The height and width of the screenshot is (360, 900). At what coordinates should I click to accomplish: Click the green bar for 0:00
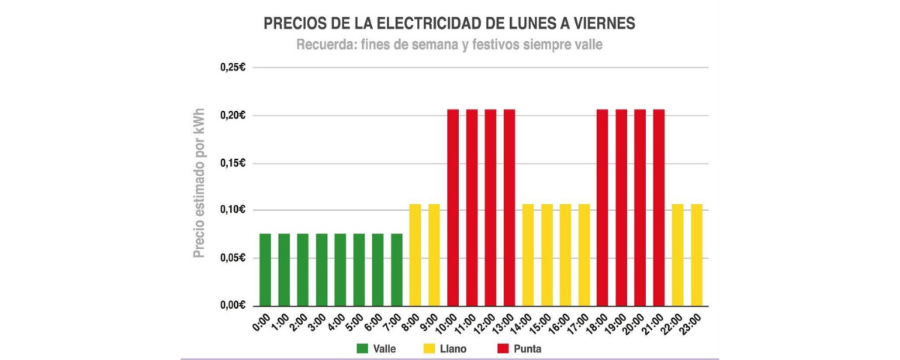[x=265, y=270]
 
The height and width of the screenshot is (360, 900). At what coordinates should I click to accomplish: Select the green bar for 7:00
[x=397, y=270]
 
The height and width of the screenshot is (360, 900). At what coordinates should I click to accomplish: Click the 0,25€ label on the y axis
[x=233, y=67]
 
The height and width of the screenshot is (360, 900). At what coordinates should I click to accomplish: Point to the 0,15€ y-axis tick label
[x=233, y=163]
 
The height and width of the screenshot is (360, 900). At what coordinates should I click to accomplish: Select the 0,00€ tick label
[x=233, y=305]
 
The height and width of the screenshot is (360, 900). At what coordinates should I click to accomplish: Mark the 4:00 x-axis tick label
[x=335, y=324]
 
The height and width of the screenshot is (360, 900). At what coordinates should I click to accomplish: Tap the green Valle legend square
[x=362, y=349]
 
